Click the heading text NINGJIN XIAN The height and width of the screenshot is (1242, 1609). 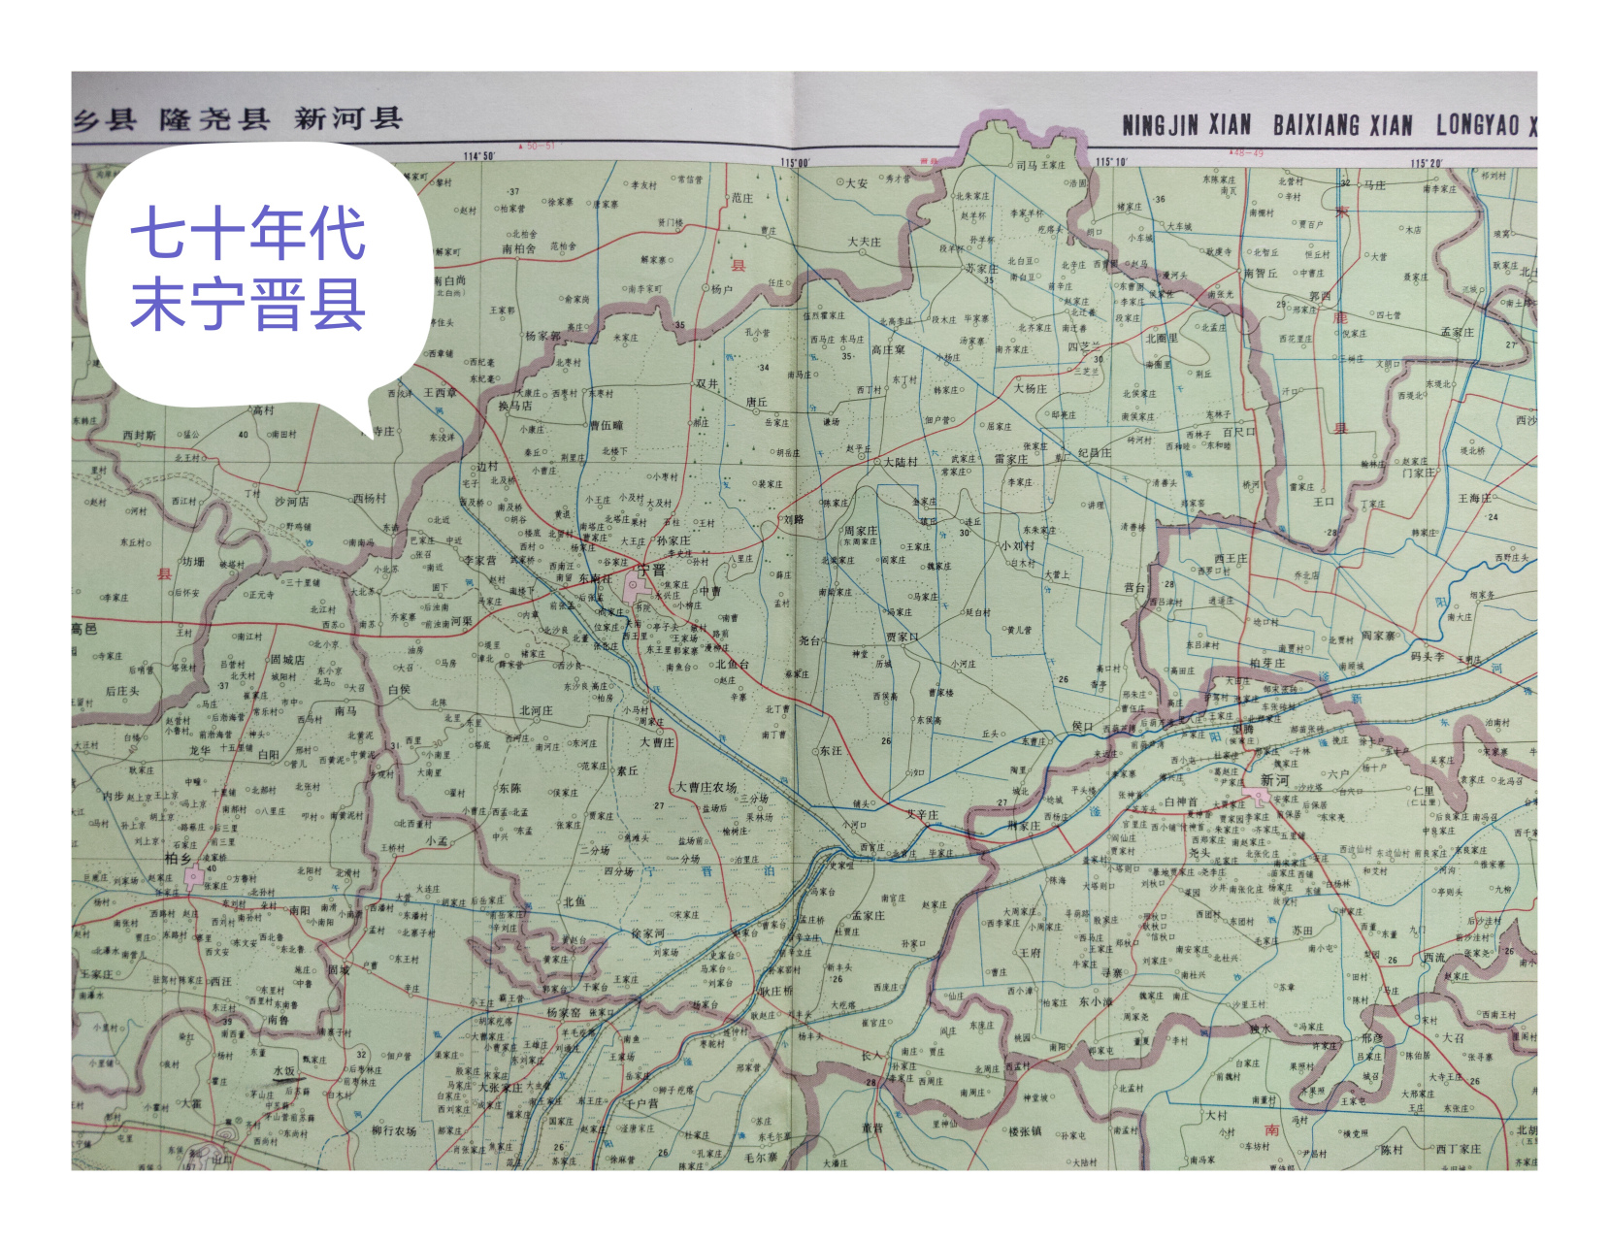tap(1186, 125)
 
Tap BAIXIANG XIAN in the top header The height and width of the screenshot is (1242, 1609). tap(1342, 125)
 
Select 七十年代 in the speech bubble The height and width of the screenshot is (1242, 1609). tap(248, 233)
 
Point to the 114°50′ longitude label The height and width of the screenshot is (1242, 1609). tap(479, 156)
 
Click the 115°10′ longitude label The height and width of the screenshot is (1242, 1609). tap(1111, 162)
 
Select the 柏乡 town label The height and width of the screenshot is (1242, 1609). tap(178, 858)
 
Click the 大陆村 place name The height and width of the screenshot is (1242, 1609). tap(900, 462)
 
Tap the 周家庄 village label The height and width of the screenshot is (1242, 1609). tap(860, 531)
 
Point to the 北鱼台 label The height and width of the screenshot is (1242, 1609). tap(733, 665)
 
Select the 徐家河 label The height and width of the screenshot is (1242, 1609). tap(648, 933)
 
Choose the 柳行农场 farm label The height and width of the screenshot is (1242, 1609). tap(394, 1130)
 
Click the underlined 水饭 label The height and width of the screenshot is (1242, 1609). tap(284, 1071)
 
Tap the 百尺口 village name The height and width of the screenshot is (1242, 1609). tap(1239, 432)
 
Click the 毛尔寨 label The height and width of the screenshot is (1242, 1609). tap(761, 1157)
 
